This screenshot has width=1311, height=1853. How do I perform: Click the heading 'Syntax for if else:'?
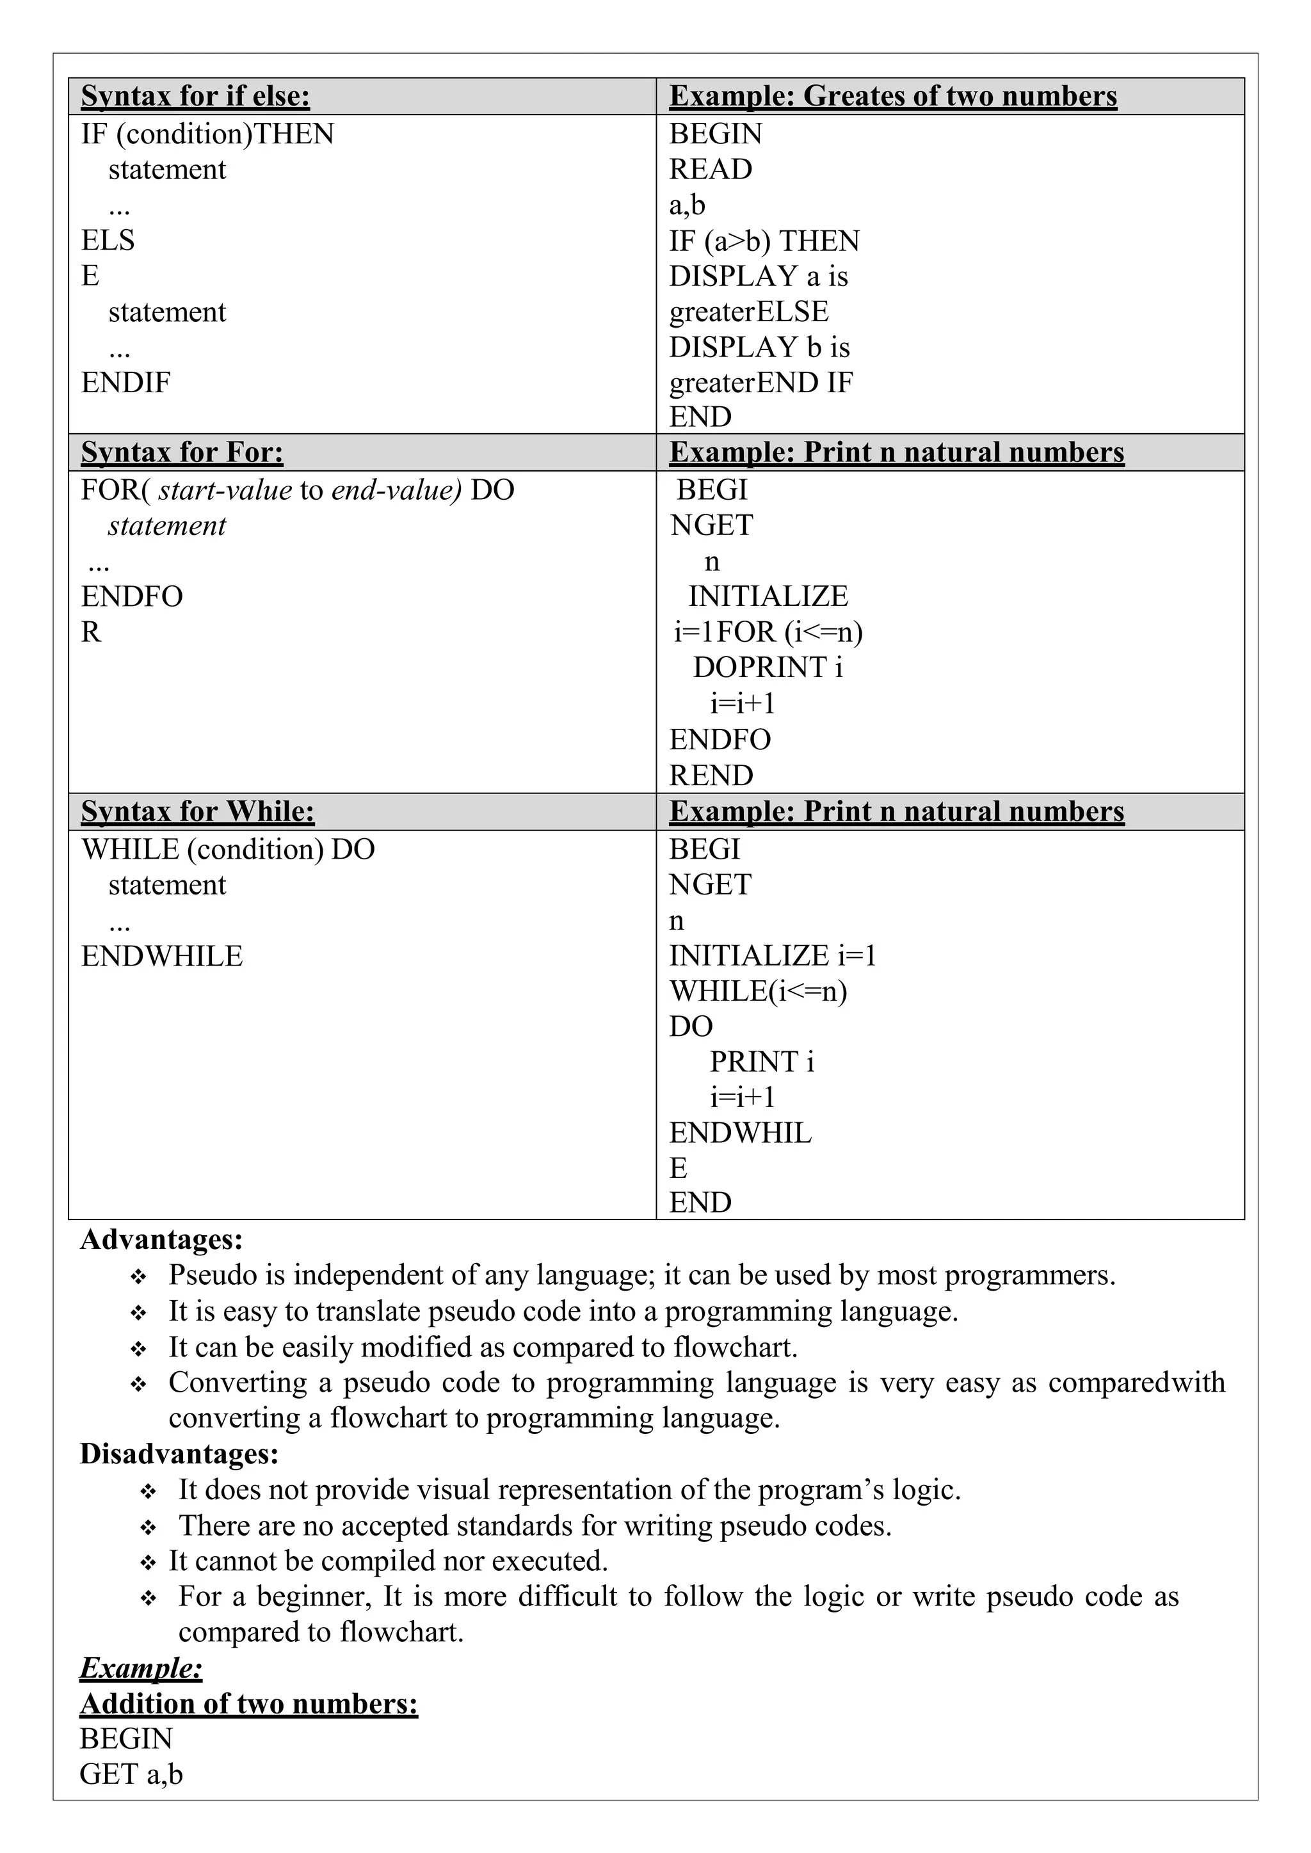(x=195, y=96)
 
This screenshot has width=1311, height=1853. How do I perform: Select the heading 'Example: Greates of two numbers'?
(x=893, y=96)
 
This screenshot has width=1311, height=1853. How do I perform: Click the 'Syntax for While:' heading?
(x=198, y=811)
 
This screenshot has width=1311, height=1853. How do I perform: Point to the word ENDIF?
(x=126, y=383)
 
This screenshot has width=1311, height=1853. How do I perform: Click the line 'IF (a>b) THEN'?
(x=764, y=241)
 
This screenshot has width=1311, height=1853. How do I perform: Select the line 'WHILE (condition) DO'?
(x=228, y=849)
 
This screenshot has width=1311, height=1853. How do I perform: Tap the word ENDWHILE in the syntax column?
(x=161, y=957)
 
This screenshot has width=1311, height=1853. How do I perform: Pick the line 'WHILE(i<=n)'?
(x=758, y=991)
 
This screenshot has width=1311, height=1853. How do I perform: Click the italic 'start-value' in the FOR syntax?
(x=225, y=490)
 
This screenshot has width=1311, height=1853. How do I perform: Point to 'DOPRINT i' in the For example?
(x=768, y=667)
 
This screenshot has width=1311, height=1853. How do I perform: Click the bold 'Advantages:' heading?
(x=161, y=1239)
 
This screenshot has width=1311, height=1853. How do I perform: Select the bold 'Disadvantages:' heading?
(x=179, y=1454)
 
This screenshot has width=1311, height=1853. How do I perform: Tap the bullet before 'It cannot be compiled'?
(x=148, y=1563)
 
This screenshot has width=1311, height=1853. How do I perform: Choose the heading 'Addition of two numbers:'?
(x=248, y=1704)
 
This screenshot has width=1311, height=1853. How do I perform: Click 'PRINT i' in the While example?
(x=762, y=1062)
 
